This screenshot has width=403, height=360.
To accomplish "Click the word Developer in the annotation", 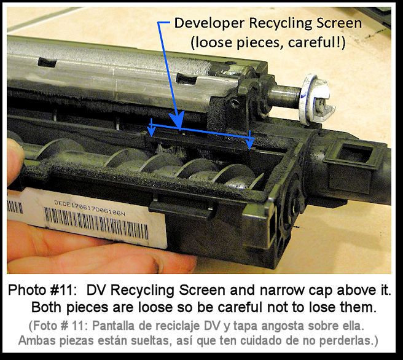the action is tap(209, 23).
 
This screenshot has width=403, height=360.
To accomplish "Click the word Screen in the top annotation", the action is tap(338, 23).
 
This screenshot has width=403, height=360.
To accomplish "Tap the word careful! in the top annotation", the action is tap(316, 42).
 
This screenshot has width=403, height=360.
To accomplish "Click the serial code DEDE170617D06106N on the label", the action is tap(90, 208).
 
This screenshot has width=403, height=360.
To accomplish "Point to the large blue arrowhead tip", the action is tap(179, 128).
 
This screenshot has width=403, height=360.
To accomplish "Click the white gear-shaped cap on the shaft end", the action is tap(316, 98).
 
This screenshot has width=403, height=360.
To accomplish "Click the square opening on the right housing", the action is tap(354, 152).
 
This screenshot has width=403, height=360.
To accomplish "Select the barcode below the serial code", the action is tap(96, 224).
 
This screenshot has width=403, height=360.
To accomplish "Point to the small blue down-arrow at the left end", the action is tap(151, 128).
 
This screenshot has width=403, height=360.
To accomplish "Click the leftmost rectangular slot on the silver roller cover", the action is tap(47, 63).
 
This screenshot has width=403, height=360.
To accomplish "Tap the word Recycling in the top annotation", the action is tap(280, 23).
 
